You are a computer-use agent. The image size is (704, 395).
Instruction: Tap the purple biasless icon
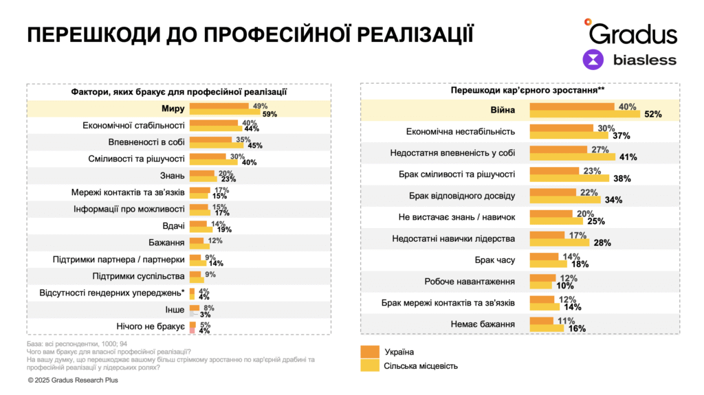[593, 60]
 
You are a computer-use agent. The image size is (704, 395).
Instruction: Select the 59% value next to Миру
[269, 114]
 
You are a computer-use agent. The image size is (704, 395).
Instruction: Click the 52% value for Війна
[652, 115]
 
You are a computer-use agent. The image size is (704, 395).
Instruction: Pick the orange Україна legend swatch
[371, 352]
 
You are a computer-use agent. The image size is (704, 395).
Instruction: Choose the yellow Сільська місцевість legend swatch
[371, 366]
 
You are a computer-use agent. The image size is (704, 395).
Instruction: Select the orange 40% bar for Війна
[573, 106]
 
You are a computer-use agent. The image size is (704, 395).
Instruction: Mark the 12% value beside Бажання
[215, 240]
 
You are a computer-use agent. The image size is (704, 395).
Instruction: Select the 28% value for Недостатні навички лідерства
[602, 242]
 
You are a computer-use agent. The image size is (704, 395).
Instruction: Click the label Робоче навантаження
[470, 281]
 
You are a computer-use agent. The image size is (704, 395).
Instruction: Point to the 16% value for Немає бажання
[576, 328]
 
